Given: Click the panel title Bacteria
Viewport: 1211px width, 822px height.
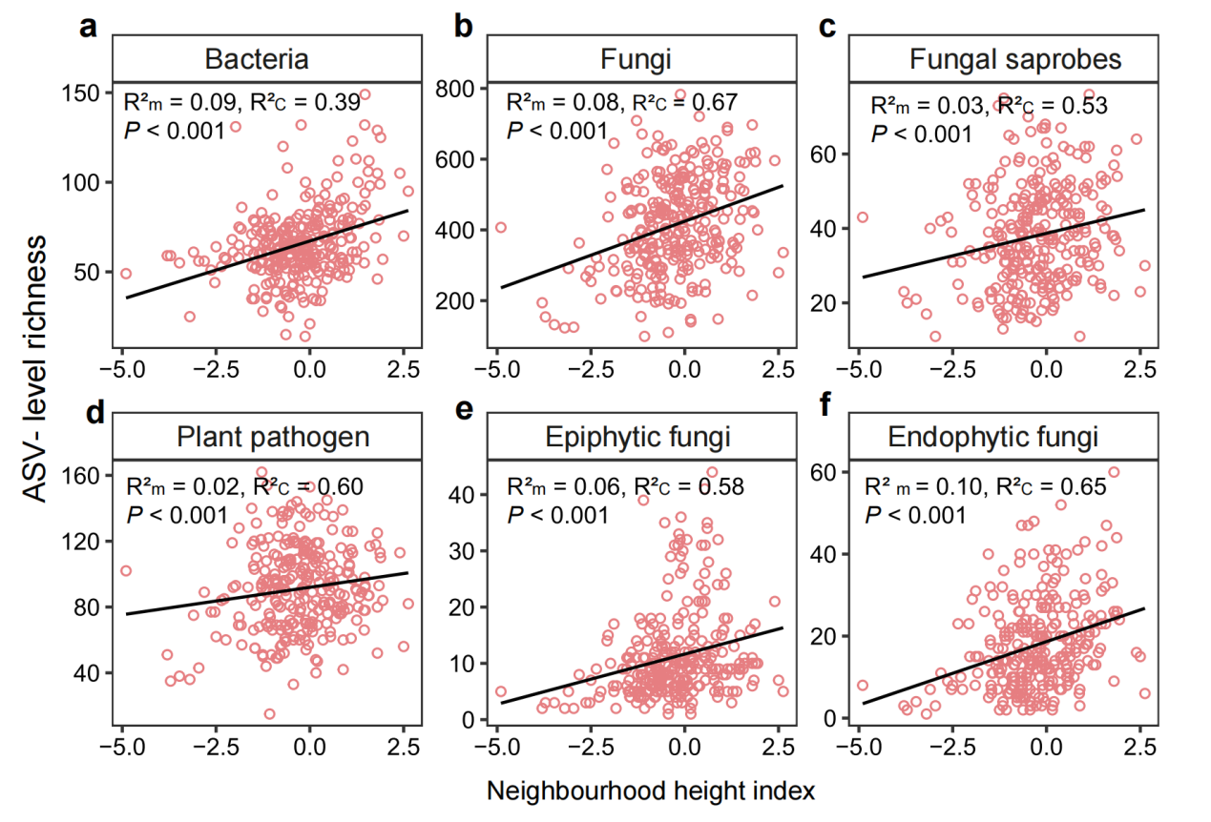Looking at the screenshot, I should (x=257, y=60).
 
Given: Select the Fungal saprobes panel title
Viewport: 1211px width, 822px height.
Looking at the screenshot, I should (x=1013, y=60).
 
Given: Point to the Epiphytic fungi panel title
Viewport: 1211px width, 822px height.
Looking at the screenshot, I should (x=637, y=438).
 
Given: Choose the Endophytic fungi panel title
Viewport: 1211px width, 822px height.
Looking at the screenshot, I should (x=993, y=438).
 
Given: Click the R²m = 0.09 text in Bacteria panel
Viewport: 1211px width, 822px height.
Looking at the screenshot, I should (x=178, y=102).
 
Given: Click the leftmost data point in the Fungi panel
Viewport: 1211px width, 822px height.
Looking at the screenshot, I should (x=500, y=227).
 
